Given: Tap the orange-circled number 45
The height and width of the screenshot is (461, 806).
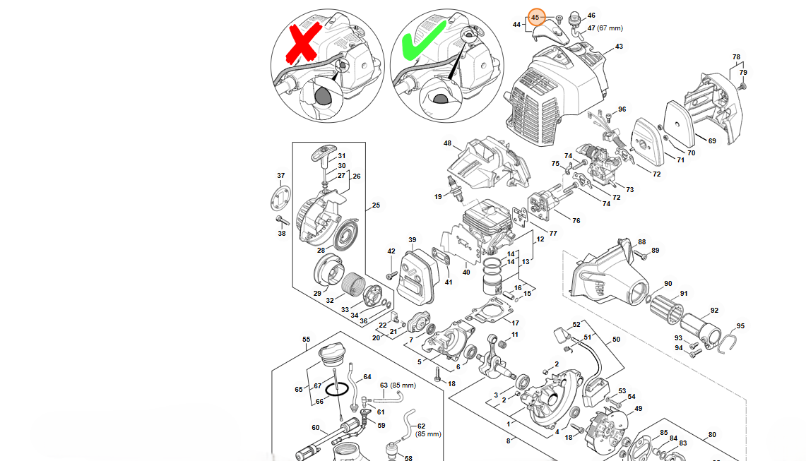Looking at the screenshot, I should point(535,16).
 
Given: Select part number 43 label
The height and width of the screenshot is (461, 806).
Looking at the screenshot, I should point(619,47).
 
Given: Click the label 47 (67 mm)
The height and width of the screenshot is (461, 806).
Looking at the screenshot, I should point(605,28).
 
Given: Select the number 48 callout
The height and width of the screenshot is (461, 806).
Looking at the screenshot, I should point(447,144).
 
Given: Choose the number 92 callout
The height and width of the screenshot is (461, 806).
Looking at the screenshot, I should point(714,310).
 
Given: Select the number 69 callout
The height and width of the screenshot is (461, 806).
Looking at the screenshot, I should point(712,141).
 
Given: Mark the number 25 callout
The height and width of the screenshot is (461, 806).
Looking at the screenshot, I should point(376,205).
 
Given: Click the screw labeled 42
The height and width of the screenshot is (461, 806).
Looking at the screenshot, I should point(391,273).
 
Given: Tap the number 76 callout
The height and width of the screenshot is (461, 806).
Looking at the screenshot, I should point(576,221).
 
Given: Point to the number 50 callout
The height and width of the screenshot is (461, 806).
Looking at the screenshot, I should point(616,340).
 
